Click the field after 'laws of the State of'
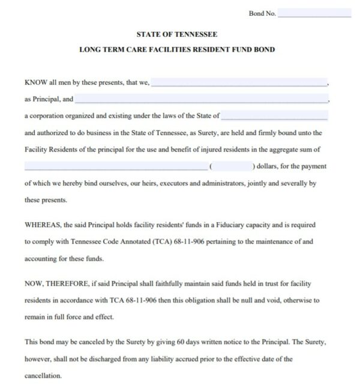(274, 115)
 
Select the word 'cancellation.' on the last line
(43, 375)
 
